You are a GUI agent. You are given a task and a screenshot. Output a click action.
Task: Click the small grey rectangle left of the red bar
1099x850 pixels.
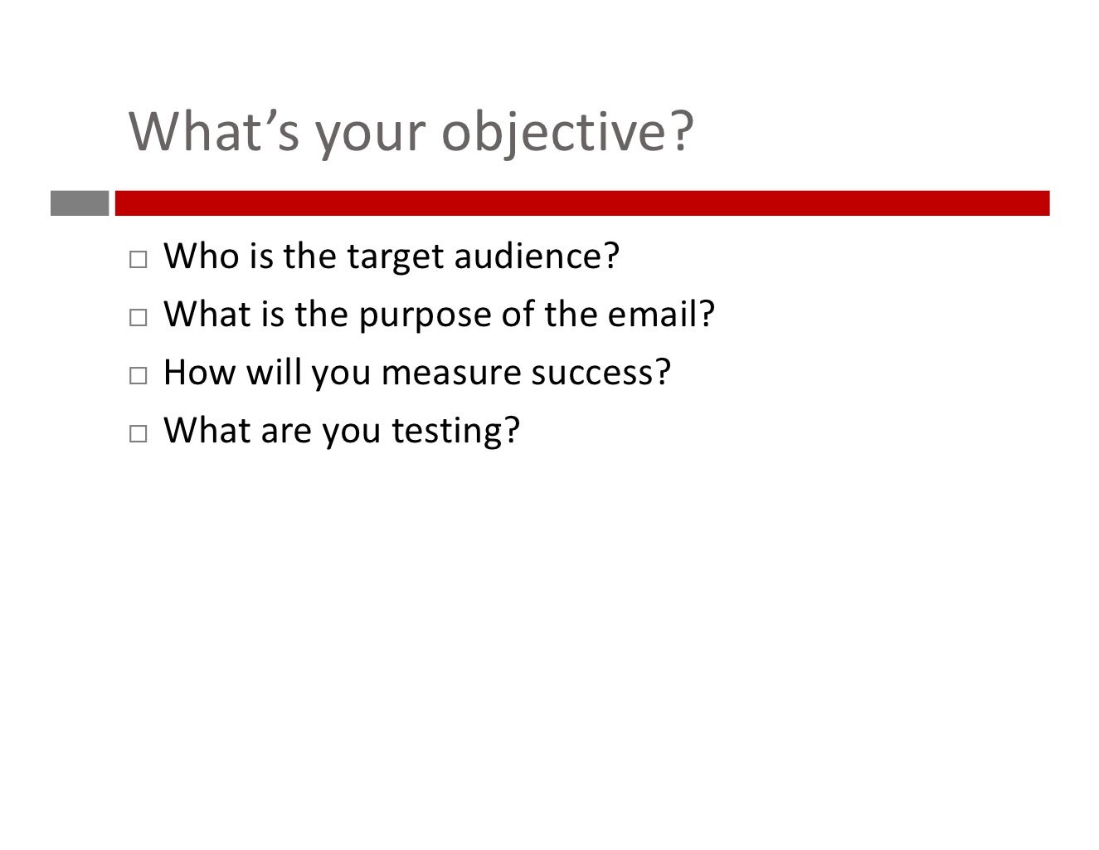pos(80,203)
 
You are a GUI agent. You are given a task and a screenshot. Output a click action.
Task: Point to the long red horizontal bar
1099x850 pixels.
pos(581,203)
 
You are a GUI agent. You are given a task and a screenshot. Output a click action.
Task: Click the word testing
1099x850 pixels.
pos(455,432)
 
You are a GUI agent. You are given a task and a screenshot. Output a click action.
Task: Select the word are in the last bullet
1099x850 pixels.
pos(286,432)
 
